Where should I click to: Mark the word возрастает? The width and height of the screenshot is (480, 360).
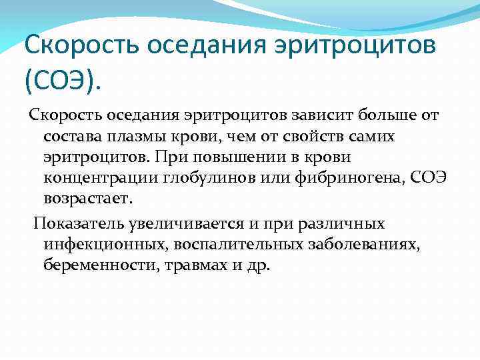89,199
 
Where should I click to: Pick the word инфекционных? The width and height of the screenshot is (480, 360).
105,244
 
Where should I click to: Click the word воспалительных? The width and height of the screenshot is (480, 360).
240,244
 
